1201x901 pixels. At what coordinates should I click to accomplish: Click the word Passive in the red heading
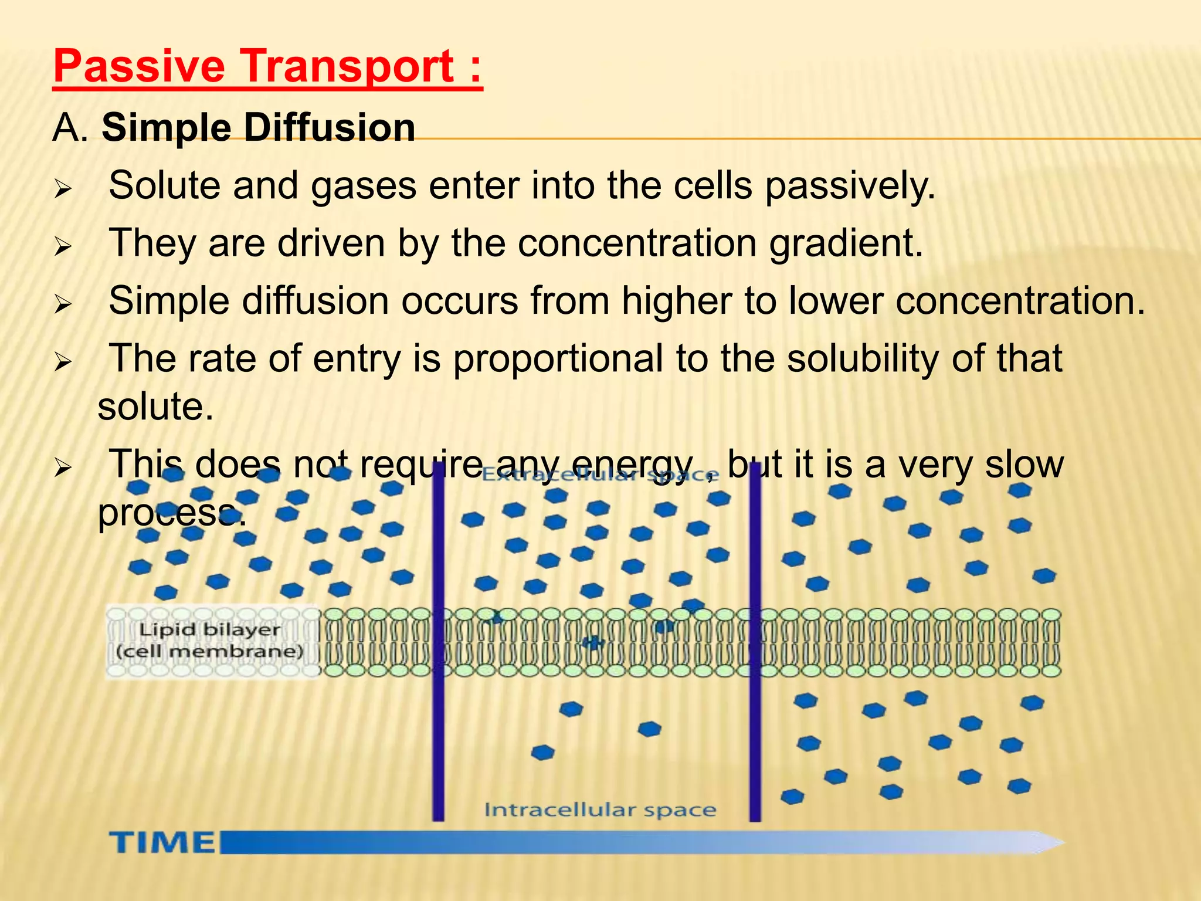click(x=139, y=66)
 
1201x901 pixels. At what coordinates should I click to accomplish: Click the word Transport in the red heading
click(x=348, y=66)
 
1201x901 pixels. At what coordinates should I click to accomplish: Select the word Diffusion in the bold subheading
click(x=329, y=127)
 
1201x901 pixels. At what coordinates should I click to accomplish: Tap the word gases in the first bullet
click(x=364, y=185)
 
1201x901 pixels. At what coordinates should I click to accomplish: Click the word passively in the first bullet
click(x=850, y=187)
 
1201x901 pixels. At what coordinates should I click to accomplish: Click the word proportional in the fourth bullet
click(x=558, y=358)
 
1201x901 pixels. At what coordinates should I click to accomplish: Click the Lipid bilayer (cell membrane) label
click(x=211, y=641)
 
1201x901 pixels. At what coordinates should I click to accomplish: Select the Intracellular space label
click(x=599, y=810)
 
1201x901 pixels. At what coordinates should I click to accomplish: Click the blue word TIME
click(x=162, y=843)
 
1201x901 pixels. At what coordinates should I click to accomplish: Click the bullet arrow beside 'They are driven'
click(x=63, y=246)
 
